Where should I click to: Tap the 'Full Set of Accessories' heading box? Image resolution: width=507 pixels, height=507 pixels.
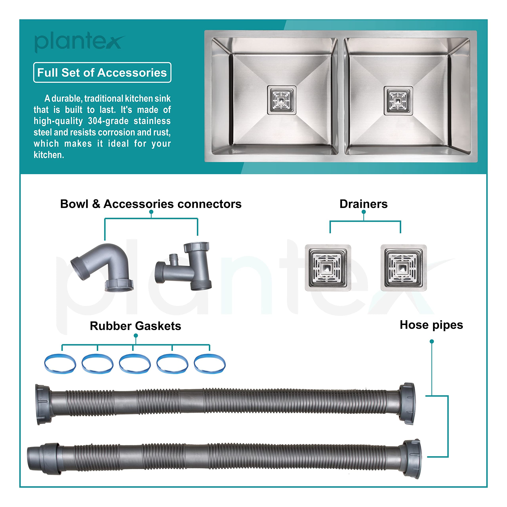(x=102, y=72)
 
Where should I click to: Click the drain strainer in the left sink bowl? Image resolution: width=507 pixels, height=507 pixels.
(x=282, y=100)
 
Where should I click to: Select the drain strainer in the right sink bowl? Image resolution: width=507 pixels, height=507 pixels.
(x=398, y=100)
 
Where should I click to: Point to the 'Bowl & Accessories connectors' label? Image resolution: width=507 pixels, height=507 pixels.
(x=151, y=204)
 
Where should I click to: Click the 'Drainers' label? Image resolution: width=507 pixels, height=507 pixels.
(x=363, y=204)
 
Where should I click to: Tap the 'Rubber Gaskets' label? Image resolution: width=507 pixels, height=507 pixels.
(x=135, y=326)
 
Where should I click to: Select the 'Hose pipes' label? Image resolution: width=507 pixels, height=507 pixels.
(x=431, y=325)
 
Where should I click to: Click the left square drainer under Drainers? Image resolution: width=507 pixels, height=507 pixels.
(x=328, y=268)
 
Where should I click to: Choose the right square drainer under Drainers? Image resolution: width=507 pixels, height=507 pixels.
(x=404, y=268)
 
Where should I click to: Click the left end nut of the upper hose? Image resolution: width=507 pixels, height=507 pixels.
(x=43, y=404)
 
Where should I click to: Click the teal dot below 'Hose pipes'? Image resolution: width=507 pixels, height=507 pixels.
(x=432, y=341)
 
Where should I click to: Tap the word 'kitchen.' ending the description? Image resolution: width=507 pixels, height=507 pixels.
(x=49, y=155)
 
